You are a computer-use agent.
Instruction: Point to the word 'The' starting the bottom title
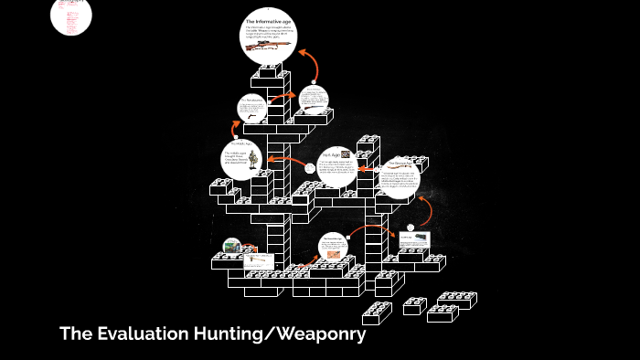[x=76, y=334]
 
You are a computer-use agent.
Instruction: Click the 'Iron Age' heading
[x=328, y=154]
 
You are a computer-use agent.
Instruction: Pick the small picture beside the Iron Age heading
[x=346, y=154]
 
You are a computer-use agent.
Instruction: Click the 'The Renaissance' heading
[x=251, y=101]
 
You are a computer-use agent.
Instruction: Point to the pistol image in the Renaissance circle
[x=250, y=117]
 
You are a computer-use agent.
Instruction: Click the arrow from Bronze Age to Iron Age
[x=366, y=169]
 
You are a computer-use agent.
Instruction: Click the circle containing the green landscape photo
[x=234, y=247]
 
